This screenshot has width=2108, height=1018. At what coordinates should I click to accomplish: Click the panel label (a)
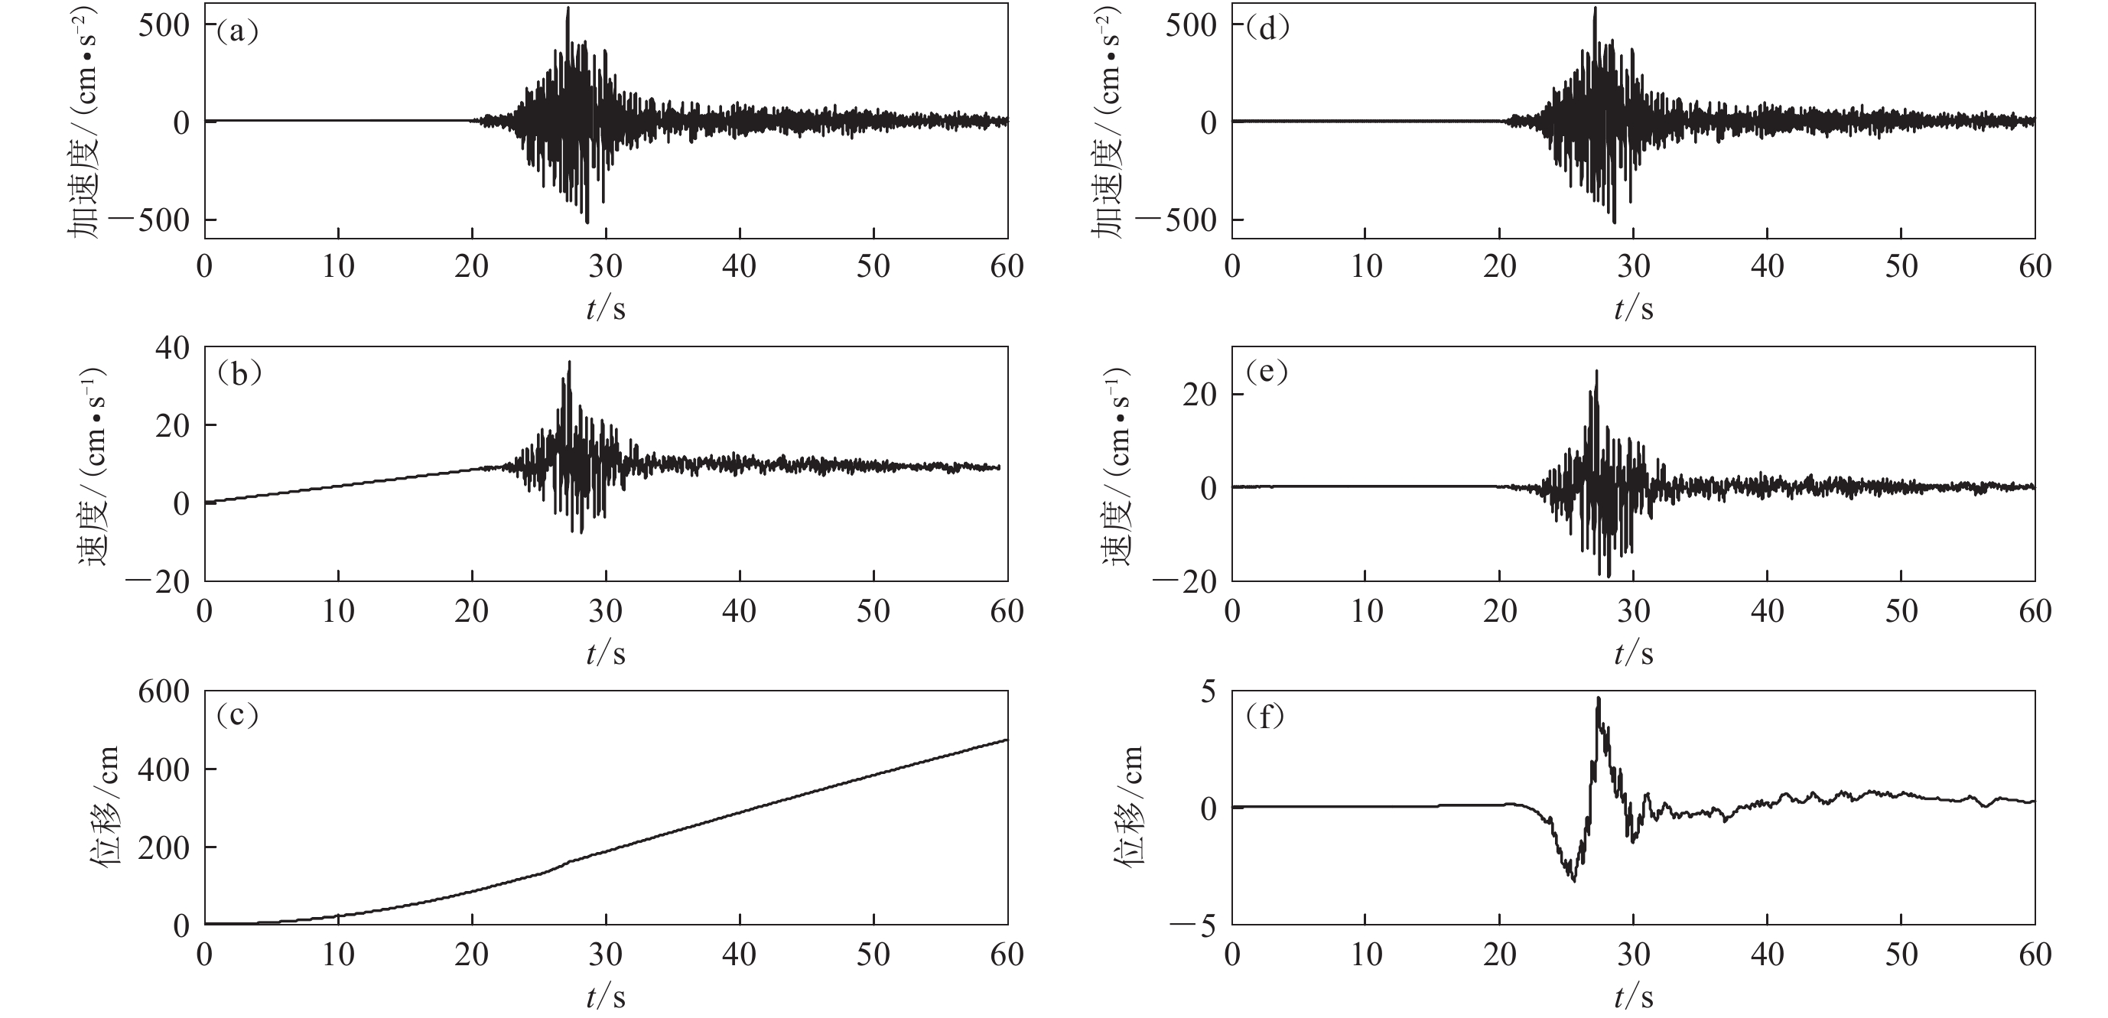click(236, 33)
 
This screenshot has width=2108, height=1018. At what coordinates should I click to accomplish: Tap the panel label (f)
click(1265, 717)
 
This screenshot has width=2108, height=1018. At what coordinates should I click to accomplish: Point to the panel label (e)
click(1265, 373)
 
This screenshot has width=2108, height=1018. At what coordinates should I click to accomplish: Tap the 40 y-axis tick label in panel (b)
click(173, 349)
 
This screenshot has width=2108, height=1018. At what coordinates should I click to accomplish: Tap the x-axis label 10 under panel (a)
click(338, 267)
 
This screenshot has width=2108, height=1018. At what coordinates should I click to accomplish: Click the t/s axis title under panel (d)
click(1633, 309)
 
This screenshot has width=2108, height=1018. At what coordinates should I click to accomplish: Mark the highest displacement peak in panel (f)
click(1598, 698)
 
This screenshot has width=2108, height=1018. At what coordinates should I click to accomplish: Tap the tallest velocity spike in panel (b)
click(570, 362)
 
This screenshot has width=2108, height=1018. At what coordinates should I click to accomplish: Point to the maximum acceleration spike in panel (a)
click(568, 8)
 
